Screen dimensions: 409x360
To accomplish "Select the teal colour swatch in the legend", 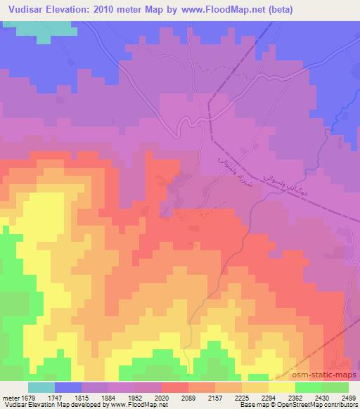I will click(41, 387).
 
